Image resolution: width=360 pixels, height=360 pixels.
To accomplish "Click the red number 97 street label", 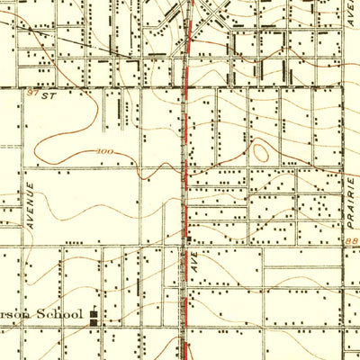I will coord(32,93).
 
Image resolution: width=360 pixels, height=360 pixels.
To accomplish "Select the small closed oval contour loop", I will coord(261,152).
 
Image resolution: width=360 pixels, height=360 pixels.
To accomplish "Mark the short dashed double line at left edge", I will coord(9,144).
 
